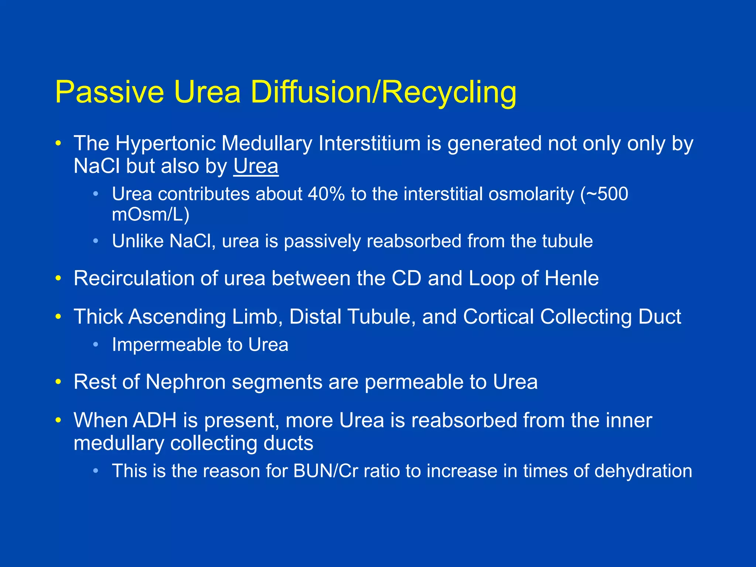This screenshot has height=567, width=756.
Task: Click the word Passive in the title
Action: click(109, 92)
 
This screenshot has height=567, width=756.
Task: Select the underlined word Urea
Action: click(256, 166)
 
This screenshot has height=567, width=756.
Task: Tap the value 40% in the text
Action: click(326, 194)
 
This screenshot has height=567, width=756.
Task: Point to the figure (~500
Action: click(604, 194)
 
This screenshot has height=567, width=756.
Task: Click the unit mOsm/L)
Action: click(151, 215)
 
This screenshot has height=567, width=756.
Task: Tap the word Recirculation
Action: click(134, 278)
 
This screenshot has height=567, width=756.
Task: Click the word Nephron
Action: click(185, 382)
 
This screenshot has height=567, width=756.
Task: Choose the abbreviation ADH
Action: click(155, 420)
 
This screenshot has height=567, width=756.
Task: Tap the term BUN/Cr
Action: click(326, 471)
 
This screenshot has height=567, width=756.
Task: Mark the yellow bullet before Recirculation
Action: click(58, 279)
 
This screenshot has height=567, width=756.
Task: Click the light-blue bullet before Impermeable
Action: click(96, 345)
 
